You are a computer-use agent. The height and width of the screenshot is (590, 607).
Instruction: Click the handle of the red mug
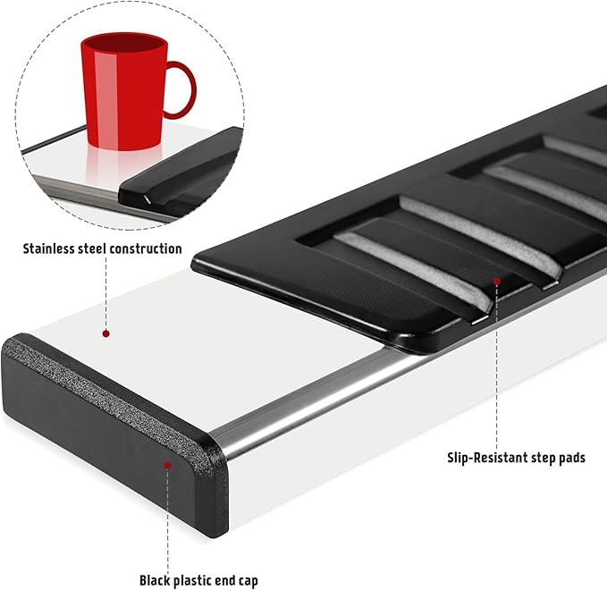[x=181, y=89]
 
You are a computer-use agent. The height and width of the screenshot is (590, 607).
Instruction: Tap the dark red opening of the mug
[x=124, y=42]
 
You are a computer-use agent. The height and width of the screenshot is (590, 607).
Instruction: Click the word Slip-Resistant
[x=485, y=458]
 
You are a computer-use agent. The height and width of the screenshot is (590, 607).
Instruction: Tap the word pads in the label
[x=572, y=458]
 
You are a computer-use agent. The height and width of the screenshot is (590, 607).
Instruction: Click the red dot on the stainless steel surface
[x=105, y=333]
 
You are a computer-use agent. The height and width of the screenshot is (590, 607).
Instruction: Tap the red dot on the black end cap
[x=168, y=465]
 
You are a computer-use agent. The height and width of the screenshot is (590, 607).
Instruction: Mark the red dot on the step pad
[x=497, y=281]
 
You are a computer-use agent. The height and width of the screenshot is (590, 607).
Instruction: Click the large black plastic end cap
[x=115, y=434]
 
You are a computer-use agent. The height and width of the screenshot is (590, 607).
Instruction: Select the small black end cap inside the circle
[x=178, y=167]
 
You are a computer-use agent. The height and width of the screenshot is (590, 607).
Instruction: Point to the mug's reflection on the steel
[x=124, y=166]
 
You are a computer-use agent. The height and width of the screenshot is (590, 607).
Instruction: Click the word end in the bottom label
[x=224, y=581]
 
